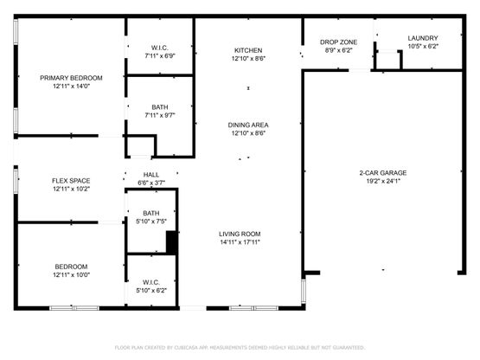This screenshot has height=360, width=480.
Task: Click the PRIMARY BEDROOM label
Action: point(71,78)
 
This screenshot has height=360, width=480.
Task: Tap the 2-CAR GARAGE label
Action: point(383,173)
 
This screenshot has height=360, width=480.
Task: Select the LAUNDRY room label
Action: point(423,38)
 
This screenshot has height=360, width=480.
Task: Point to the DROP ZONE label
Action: point(338,42)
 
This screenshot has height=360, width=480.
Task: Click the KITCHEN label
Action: point(248,50)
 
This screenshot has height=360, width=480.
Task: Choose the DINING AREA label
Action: point(248,125)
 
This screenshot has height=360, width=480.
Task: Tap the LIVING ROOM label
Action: point(240,234)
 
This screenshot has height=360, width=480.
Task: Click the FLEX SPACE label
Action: point(71,181)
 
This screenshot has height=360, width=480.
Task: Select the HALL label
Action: point(151,175)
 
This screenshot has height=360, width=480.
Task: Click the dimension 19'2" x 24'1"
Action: point(383,181)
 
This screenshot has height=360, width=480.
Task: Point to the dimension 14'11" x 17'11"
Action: point(240,242)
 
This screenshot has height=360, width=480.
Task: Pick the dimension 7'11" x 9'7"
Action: point(160,115)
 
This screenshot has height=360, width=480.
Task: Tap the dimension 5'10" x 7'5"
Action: point(151,222)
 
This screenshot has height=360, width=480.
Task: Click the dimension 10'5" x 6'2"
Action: point(423,47)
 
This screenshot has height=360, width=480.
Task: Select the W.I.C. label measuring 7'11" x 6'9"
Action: point(160,48)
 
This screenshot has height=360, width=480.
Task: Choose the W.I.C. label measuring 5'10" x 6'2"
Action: point(151,282)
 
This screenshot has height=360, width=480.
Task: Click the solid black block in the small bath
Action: point(172,242)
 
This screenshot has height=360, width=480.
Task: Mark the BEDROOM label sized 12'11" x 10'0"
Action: point(71,267)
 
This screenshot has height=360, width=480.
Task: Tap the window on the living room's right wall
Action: point(304,291)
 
